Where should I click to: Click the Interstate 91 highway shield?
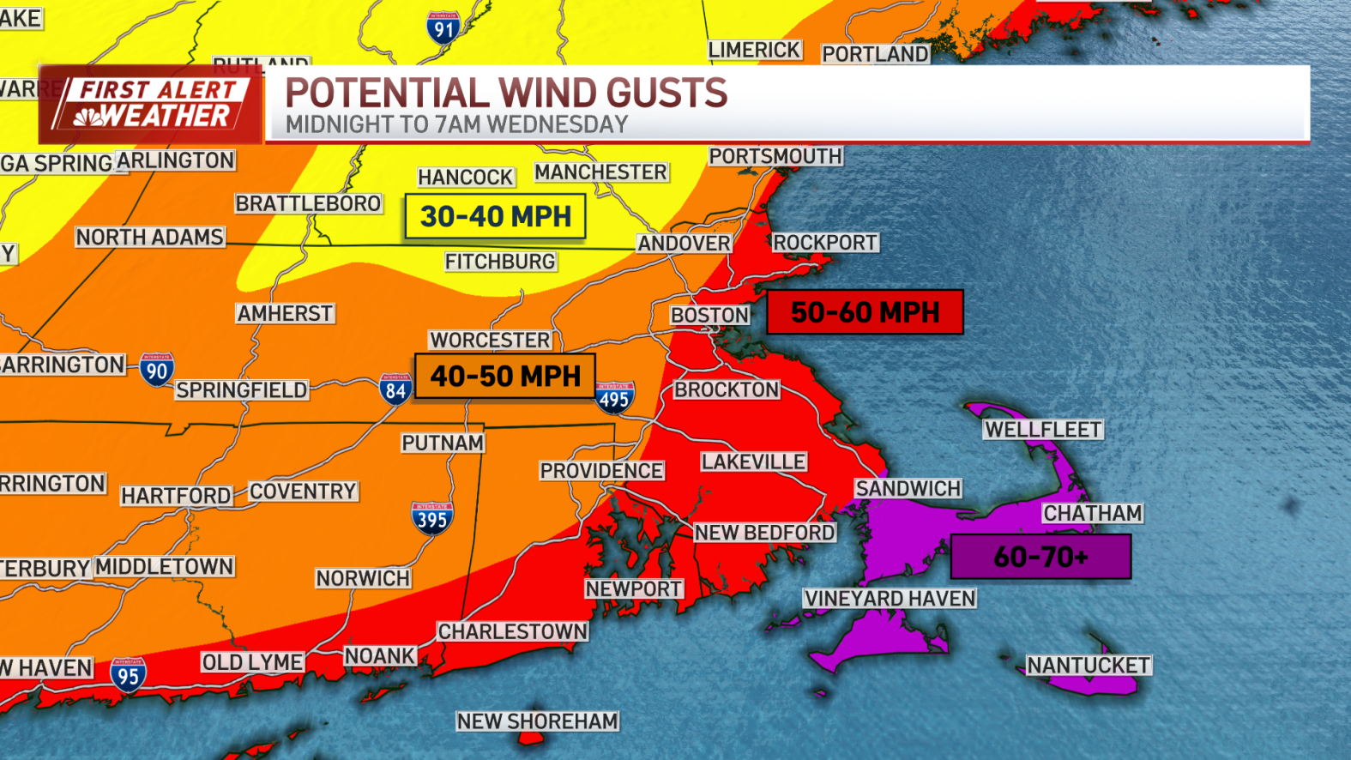click(x=443, y=28)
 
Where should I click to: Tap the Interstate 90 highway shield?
click(x=157, y=371)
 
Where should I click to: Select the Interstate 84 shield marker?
click(x=395, y=390)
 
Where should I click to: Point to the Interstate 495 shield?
click(x=614, y=398)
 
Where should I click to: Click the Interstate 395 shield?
click(x=431, y=518)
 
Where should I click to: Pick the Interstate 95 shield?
click(x=128, y=675)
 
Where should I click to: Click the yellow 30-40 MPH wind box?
click(x=495, y=216)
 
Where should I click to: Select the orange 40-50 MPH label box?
click(x=504, y=376)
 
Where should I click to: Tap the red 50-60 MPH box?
click(x=865, y=312)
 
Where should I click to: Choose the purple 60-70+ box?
click(x=1040, y=557)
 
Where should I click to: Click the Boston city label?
click(x=709, y=315)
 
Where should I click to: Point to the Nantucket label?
click(x=1089, y=666)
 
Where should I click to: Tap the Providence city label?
click(x=601, y=471)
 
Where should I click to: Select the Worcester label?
click(x=490, y=340)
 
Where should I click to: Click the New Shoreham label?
click(x=537, y=721)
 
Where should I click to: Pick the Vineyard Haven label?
click(x=890, y=599)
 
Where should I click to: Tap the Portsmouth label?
click(x=775, y=156)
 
